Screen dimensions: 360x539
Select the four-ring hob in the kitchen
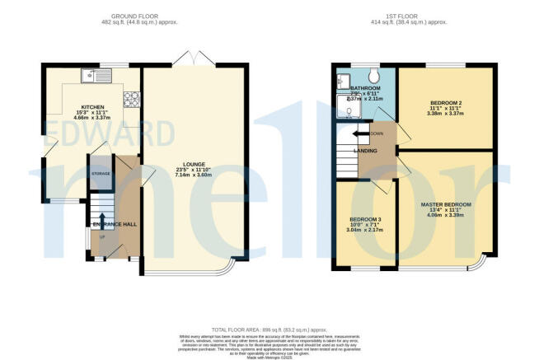coord(129,100)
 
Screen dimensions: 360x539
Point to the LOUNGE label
coord(195,164)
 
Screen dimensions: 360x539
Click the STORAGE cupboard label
coord(101,174)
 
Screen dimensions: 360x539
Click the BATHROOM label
coord(365,88)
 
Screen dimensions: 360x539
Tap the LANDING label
coord(365,151)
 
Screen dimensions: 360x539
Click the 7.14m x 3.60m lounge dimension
coord(195,175)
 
